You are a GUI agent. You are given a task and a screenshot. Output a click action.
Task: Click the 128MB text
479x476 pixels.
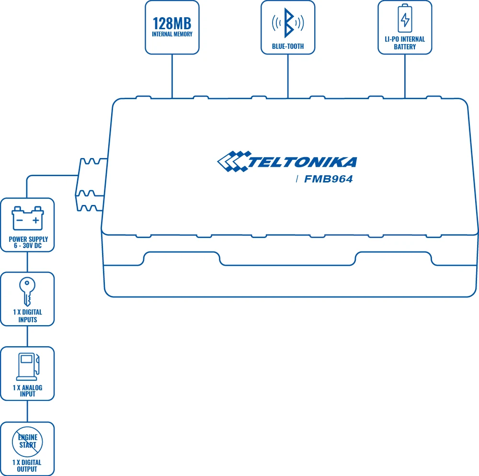tap(172, 23)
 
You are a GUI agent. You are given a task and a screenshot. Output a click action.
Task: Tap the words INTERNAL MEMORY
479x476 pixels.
tap(172, 34)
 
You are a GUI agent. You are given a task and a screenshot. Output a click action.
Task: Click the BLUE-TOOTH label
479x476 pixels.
tap(288, 46)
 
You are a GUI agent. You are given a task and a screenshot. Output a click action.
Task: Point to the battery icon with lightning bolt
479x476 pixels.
tap(405, 19)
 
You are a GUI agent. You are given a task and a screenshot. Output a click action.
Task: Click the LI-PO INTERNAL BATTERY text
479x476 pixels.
tap(405, 43)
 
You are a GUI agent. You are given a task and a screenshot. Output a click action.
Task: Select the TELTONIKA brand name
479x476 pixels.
tap(302, 162)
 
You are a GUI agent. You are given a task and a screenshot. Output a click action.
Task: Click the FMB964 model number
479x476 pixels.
tap(329, 180)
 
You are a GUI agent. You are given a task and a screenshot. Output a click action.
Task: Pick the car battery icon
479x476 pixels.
tap(28, 218)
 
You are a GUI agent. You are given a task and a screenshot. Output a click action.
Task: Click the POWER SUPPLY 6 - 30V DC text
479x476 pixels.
tap(28, 242)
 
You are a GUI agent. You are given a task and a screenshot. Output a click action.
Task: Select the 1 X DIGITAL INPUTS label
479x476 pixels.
tap(27, 316)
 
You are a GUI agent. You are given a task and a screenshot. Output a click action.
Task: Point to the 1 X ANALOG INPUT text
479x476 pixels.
tap(27, 391)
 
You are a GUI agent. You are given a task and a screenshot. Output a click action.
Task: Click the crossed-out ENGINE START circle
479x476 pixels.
tap(28, 441)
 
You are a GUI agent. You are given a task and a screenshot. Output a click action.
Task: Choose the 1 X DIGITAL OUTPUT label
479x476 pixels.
tap(27, 465)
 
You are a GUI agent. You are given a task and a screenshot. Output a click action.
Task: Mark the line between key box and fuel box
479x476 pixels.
tap(27, 336)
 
